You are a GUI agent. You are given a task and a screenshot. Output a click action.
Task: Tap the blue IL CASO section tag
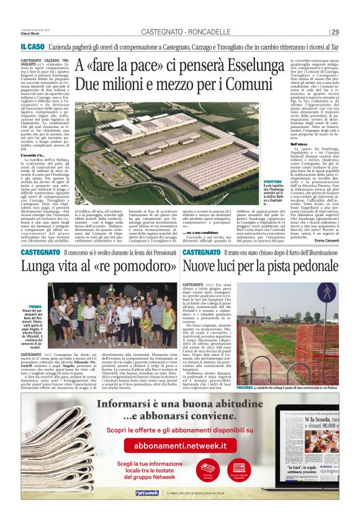[30, 47]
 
